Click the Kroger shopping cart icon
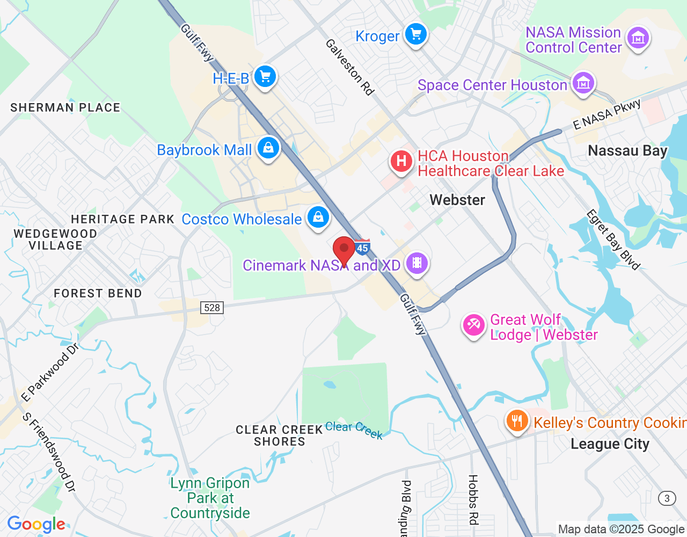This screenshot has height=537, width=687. coord(415,35)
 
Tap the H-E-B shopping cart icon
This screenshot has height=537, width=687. coord(265,77)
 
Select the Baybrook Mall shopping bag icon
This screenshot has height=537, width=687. coord(268,148)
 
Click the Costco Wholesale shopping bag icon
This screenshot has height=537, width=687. coord(318,217)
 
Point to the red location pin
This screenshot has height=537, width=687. coord(344,250)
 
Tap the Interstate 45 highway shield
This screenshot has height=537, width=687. coord(363,246)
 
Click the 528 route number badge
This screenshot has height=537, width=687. coord(212,308)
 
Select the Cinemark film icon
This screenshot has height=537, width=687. coord(416,264)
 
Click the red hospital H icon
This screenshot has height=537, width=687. coord(401,161)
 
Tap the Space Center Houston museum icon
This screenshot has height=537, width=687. coord(583,83)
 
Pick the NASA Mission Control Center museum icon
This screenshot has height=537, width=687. coord(638,39)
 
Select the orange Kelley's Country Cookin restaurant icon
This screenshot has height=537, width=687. coord(517,422)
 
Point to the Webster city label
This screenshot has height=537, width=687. coord(457,200)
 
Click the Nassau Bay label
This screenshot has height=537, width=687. coord(627,151)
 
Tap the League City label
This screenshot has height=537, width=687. coord(610,444)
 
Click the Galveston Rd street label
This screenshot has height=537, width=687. coord(349,67)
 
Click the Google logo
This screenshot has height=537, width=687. coord(36,525)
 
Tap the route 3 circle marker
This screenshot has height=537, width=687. coord(667,498)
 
